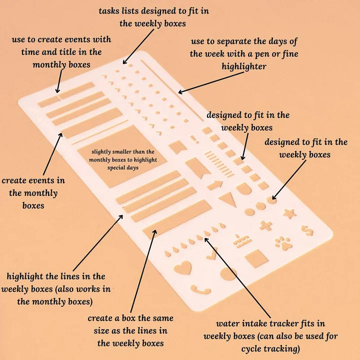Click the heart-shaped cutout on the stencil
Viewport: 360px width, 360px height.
coord(181,268)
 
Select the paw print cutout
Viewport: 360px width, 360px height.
coord(282,243)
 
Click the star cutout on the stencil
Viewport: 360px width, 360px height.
coord(289,214)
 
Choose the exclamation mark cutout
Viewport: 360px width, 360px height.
coord(191,139)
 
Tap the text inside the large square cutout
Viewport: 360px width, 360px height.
coord(122,159)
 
